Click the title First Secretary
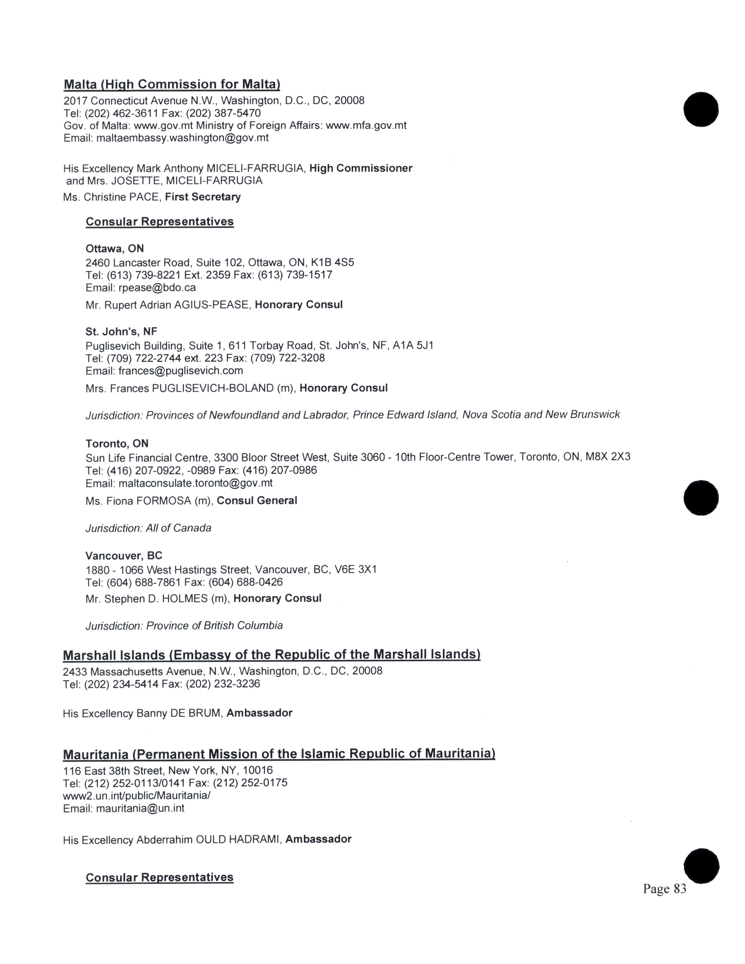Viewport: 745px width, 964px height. (202, 197)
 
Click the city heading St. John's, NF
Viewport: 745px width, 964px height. (121, 332)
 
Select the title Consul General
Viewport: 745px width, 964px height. (257, 500)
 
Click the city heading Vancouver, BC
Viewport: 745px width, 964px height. (124, 556)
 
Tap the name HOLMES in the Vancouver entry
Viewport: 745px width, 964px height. (185, 599)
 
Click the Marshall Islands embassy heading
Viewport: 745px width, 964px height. (271, 655)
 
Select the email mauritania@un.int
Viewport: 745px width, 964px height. (140, 808)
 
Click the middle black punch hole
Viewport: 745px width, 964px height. (701, 497)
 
